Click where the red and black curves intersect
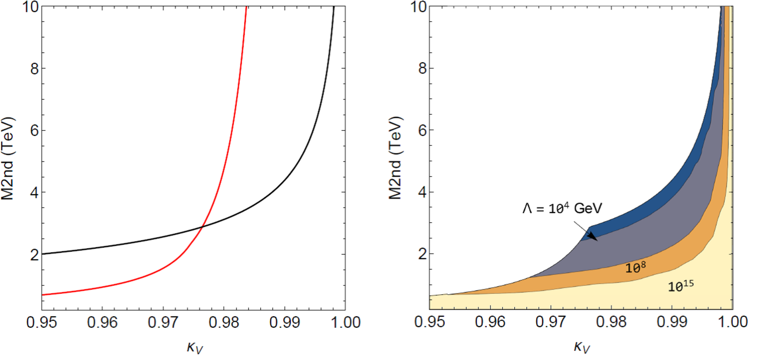click(x=202, y=227)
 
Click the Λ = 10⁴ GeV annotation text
click(x=562, y=208)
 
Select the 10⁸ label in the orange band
click(x=636, y=268)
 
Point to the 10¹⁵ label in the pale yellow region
click(x=681, y=286)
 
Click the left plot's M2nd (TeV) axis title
click(x=8, y=158)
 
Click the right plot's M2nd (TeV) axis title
click(x=395, y=158)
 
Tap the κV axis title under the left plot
click(x=195, y=347)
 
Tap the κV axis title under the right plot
click(x=582, y=347)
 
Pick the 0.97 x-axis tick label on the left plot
click(x=163, y=322)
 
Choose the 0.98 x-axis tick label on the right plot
click(x=611, y=322)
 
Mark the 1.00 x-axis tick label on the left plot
click(x=345, y=322)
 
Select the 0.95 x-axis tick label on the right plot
click(x=430, y=322)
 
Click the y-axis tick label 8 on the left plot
click(x=35, y=68)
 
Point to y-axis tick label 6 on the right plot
click(x=422, y=131)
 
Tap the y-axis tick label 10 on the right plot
click(x=418, y=6)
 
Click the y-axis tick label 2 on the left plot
click(x=35, y=255)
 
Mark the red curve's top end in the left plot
click(x=247, y=6)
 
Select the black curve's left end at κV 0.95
click(x=42, y=254)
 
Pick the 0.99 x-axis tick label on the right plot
click(x=672, y=322)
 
